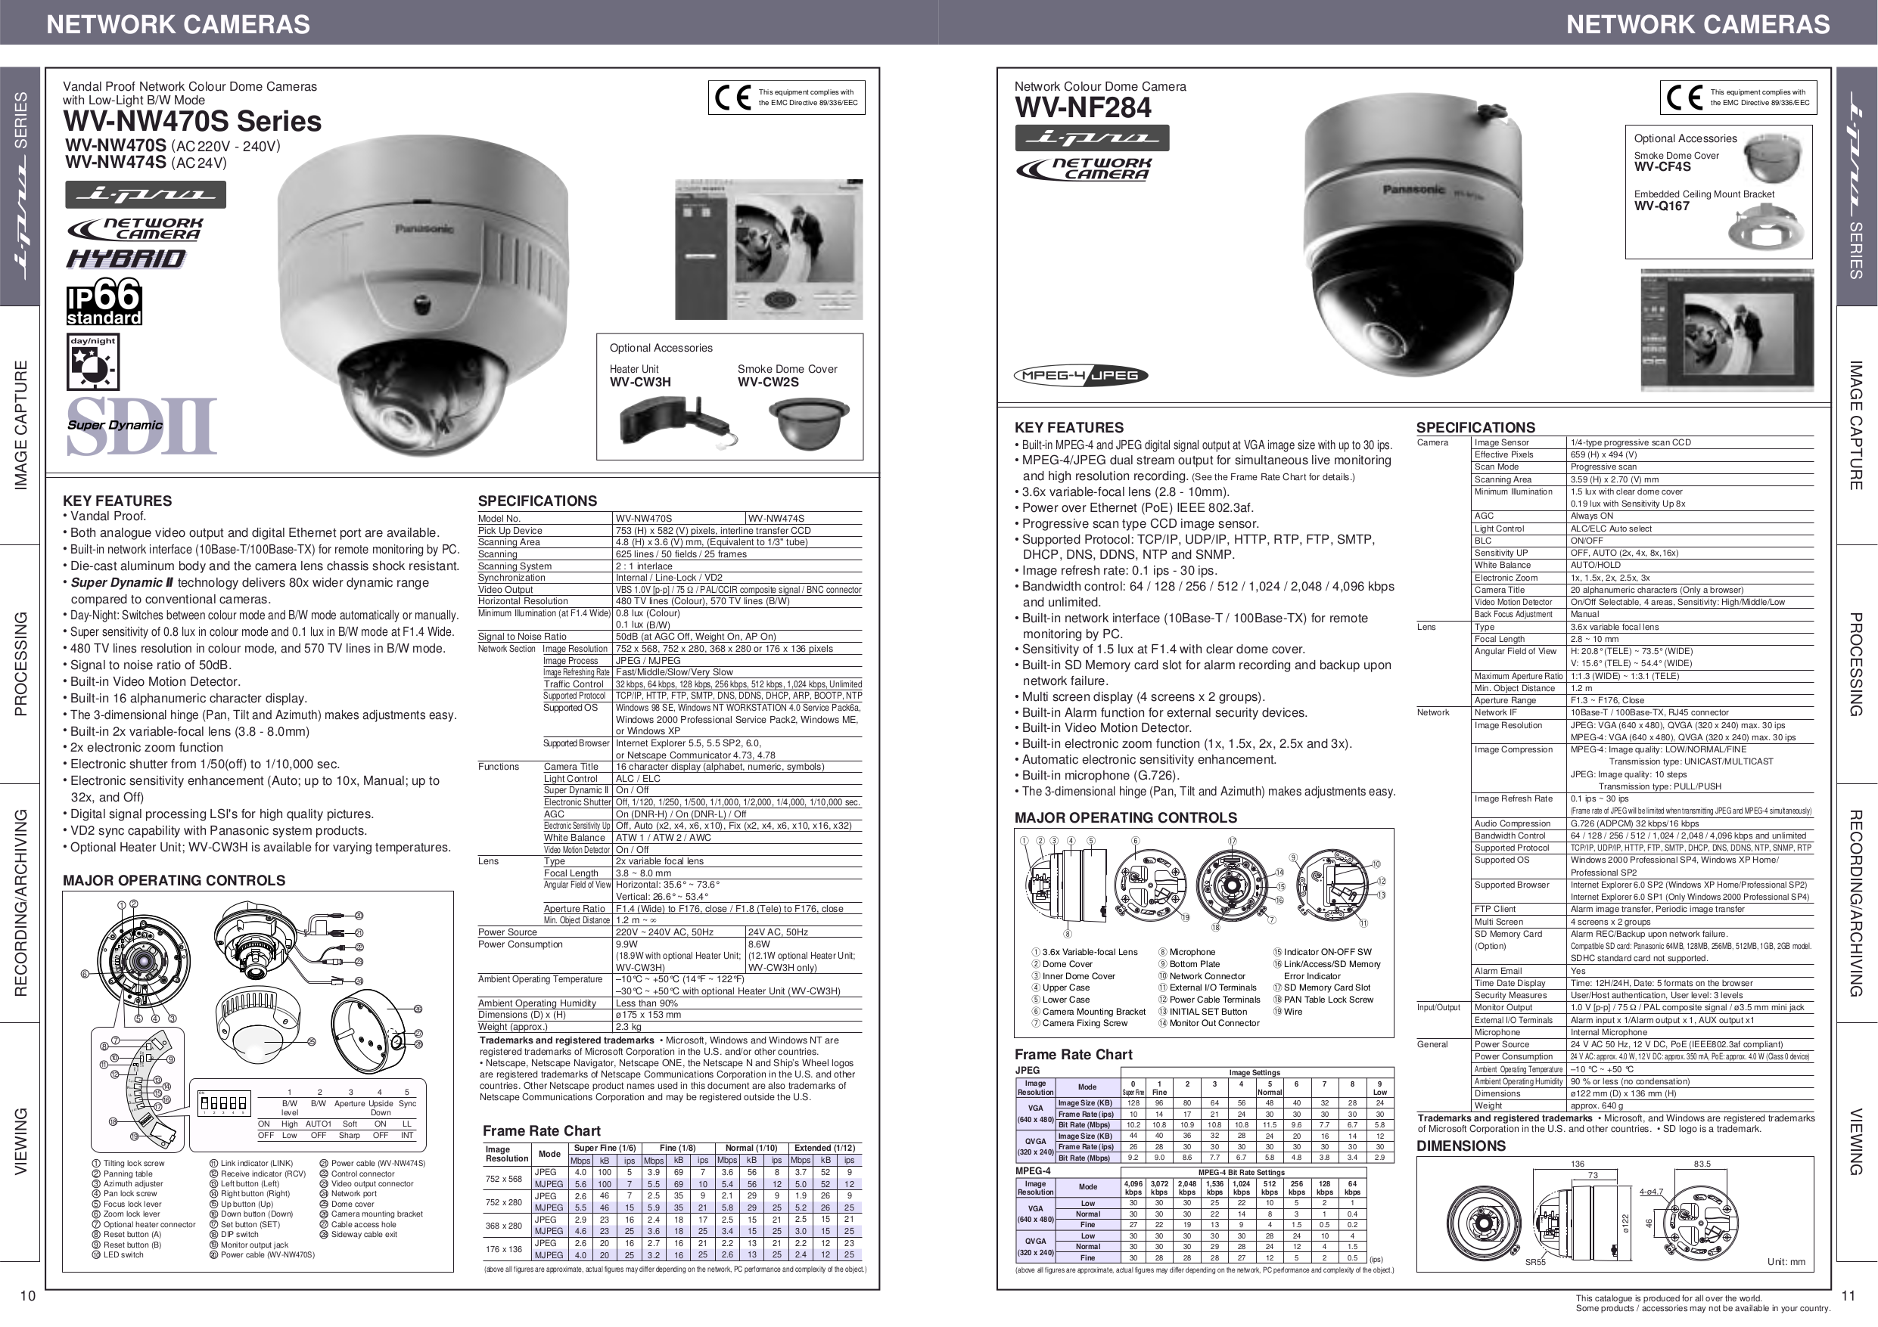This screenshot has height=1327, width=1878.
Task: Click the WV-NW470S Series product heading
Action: pos(192,122)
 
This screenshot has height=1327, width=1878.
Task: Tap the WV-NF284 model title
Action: pos(1082,108)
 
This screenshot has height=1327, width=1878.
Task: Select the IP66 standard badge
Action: pos(104,302)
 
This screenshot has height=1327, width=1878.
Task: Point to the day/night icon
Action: pos(93,362)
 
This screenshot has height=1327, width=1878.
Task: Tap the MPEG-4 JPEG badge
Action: pos(1080,375)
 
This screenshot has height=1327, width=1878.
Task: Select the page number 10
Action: pos(28,1296)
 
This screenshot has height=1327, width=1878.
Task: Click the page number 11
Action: pos(1848,1295)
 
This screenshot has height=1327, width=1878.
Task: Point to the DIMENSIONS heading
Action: pos(1461,1146)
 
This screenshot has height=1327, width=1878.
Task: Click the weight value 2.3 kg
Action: pos(628,1026)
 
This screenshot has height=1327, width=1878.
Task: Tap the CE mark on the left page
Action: pos(732,98)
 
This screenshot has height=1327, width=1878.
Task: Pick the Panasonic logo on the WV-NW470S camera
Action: pos(424,229)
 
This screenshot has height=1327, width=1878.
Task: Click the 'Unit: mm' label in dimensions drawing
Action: pos(1786,1261)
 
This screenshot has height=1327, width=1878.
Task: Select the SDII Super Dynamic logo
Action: pos(141,426)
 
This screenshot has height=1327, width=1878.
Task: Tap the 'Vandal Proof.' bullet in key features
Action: pos(108,516)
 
